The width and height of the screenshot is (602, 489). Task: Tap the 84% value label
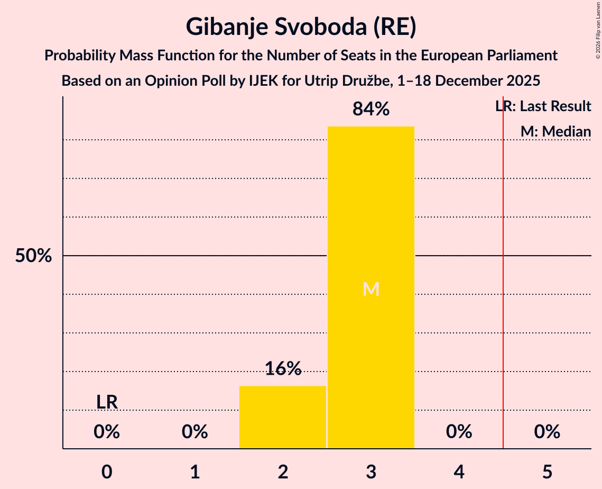[x=371, y=110]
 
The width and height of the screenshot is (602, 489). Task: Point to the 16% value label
[x=283, y=368]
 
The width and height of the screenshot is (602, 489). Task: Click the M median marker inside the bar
[x=371, y=289]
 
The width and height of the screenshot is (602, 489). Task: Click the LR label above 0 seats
[x=107, y=402]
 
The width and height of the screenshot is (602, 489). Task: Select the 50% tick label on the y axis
[x=33, y=256]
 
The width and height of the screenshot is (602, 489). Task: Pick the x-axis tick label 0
[x=107, y=472]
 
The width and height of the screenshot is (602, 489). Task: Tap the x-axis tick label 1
[x=195, y=472]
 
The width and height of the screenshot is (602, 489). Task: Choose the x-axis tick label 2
[x=283, y=472]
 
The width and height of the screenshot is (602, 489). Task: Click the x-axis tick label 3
[x=371, y=472]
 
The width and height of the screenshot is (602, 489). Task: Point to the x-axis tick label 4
[x=459, y=472]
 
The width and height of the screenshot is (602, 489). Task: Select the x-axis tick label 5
[x=547, y=472]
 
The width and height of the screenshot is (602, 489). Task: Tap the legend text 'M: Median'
[x=555, y=131]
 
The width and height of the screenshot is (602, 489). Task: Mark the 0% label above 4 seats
[x=459, y=432]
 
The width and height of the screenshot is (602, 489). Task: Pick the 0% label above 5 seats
[x=547, y=432]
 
